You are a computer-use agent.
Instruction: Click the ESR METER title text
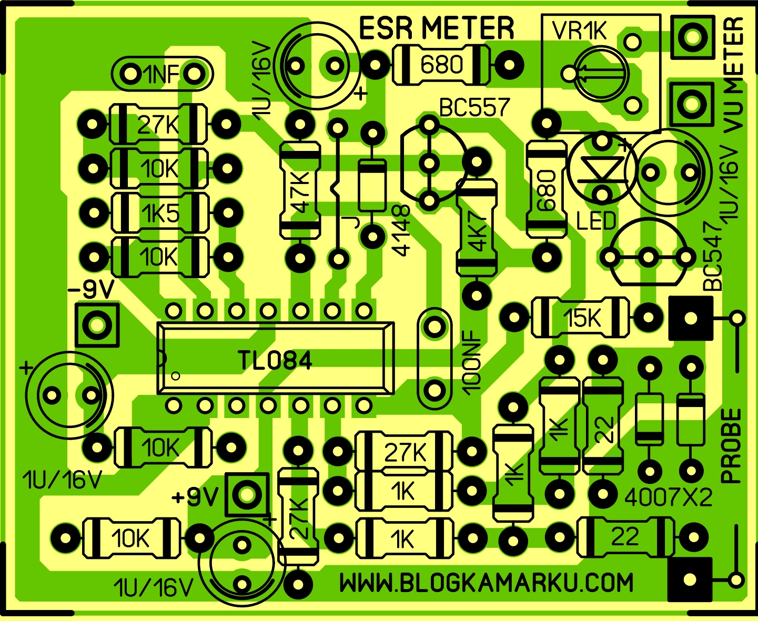coord(436,28)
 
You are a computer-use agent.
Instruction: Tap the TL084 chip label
coord(275,361)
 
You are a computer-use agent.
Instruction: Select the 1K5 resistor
coord(160,213)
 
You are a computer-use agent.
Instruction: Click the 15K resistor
coord(581,318)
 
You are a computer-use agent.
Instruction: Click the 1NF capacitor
coord(162,74)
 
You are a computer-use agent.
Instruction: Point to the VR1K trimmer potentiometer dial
coord(600,74)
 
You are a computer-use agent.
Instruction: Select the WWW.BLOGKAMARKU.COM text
coord(486,583)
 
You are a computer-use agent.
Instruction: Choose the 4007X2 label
coord(668,496)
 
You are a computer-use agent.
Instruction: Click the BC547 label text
coord(713,257)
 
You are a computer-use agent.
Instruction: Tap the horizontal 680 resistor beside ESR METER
coord(441,65)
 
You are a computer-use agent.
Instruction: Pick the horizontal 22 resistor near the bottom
coord(625,537)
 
